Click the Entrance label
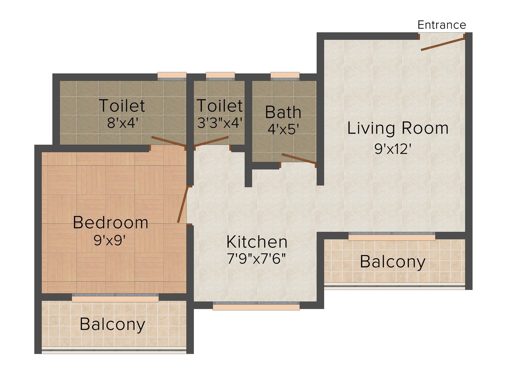coord(442,25)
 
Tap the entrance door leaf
coord(443,44)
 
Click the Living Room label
coord(397,128)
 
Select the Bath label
coord(283,112)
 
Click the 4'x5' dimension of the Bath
coord(283,129)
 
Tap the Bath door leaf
coord(298,158)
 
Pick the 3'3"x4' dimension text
coord(219,122)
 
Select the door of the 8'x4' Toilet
coord(168,141)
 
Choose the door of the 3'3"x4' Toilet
coord(212,141)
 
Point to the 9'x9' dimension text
coord(110,240)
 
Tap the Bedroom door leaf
coord(183,204)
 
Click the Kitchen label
coord(257,242)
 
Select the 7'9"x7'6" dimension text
coord(257,259)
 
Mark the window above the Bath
coord(285,76)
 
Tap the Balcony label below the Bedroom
coord(112,324)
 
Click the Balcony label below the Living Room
coord(392,262)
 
